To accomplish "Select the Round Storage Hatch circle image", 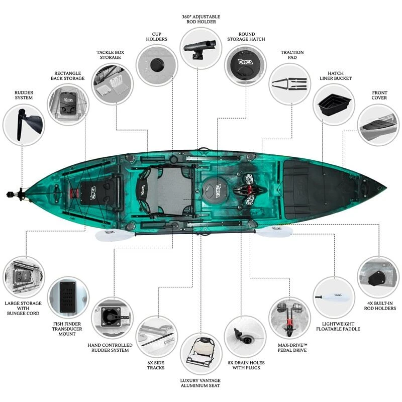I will (x=245, y=65).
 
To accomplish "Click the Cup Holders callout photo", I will (x=156, y=65).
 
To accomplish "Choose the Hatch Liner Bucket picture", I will (x=334, y=105).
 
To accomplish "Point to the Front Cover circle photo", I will (x=377, y=125).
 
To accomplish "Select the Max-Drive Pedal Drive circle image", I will (x=290, y=318).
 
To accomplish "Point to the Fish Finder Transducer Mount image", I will (x=68, y=297).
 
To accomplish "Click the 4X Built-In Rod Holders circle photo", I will (x=377, y=276).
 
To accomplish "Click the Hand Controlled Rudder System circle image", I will (x=112, y=318).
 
